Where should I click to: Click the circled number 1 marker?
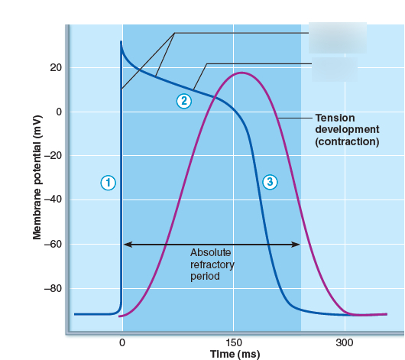109,182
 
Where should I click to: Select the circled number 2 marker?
183,101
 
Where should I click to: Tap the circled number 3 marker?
269,181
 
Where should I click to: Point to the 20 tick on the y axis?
56,68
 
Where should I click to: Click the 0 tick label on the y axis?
58,112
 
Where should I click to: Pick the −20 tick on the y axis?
53,156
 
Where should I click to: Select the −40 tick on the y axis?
53,200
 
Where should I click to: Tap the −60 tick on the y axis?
53,245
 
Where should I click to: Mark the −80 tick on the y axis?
53,289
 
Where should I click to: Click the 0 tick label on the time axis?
122,342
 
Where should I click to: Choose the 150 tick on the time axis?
233,342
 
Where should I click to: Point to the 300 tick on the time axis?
344,342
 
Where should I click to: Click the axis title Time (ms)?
235,354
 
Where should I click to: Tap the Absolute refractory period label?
212,264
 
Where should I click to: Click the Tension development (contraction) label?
346,130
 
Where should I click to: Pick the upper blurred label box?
337,37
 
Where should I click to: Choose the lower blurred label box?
334,70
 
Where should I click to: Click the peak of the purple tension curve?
241,73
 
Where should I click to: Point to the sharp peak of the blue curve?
121,42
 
